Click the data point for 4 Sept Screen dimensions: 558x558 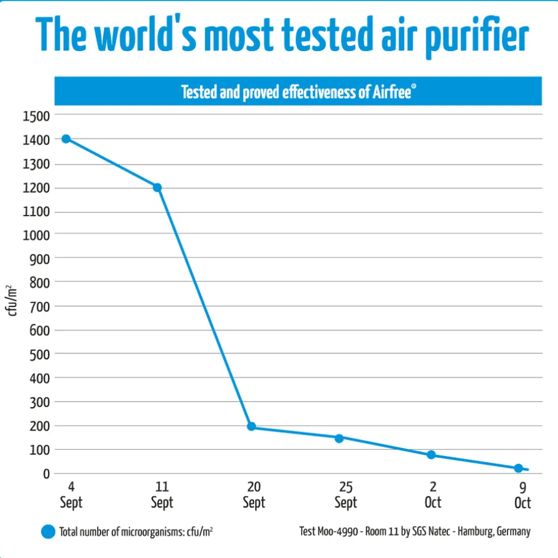pos(66,139)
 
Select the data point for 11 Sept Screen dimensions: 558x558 pos(157,187)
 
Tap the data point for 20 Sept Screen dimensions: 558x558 pos(251,426)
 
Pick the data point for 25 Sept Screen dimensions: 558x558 pos(339,438)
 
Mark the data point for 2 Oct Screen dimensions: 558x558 pos(431,455)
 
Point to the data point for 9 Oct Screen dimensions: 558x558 pos(518,468)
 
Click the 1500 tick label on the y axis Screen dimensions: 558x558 pos(36,116)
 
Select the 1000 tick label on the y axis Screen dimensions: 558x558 pos(36,235)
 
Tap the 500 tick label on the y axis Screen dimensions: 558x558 pos(39,354)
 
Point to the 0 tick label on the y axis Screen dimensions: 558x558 pos(47,474)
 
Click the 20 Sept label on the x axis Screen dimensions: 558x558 pos(253,495)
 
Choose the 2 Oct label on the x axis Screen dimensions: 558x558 pos(433,495)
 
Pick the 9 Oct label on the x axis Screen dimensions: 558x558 pos(522,495)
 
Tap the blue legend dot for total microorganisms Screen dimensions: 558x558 pos(48,532)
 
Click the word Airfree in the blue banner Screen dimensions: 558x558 pos(392,92)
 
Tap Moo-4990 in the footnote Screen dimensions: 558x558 pos(339,532)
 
